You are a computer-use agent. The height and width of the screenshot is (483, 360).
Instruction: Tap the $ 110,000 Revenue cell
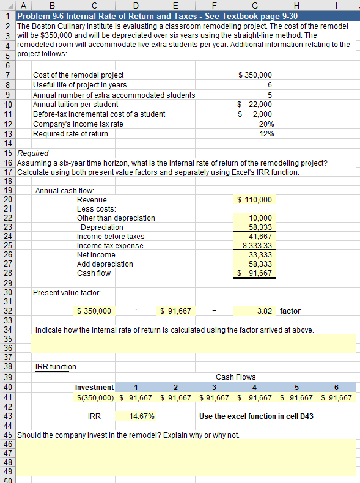click(x=255, y=200)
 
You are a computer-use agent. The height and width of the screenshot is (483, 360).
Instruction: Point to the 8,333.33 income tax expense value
click(x=257, y=245)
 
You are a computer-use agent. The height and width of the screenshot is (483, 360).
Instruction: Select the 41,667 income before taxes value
click(x=261, y=236)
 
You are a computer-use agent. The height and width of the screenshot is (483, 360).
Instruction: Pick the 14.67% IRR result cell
click(x=141, y=416)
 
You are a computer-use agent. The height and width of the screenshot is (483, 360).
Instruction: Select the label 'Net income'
click(x=96, y=254)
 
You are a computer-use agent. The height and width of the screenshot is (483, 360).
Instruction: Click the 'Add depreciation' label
click(x=105, y=264)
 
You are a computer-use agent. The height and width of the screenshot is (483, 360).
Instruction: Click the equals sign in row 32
click(x=214, y=311)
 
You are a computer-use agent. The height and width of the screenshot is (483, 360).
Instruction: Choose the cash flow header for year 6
click(x=336, y=386)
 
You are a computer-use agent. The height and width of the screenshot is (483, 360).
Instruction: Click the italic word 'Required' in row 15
click(x=33, y=153)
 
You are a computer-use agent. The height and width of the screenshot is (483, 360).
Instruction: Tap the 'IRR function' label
click(x=56, y=367)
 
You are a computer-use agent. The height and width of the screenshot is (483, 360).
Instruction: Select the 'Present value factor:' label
click(x=68, y=293)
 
